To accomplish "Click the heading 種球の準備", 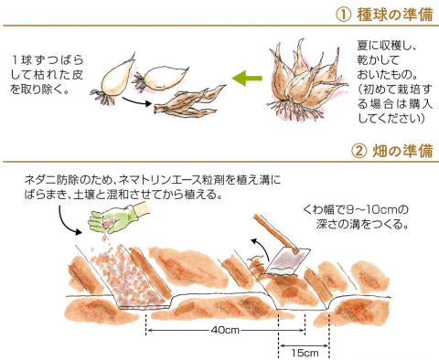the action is [x=395, y=15].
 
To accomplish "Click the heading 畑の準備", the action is [x=402, y=151].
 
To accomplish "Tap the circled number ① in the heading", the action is [x=344, y=15].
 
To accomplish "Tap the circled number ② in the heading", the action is [x=359, y=151].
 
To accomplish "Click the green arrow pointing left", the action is [x=247, y=79].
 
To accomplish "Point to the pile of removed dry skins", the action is [x=189, y=101].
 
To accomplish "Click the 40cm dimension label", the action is [x=225, y=330].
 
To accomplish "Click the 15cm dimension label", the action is [x=305, y=353].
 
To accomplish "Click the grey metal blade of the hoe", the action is [x=286, y=260].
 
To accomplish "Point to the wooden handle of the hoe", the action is [x=275, y=232].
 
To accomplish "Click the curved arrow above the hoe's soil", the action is [x=262, y=248].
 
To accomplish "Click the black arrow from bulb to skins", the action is [x=136, y=101].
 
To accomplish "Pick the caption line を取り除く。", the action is [x=39, y=90].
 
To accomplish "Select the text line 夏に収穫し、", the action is [x=387, y=46].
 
